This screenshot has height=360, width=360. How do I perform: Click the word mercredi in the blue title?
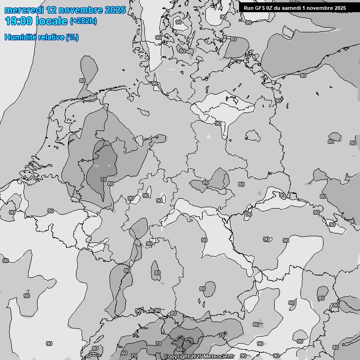pos(24,10)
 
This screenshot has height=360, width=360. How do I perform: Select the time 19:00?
pos(19,21)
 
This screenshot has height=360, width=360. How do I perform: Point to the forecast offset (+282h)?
pos(83,21)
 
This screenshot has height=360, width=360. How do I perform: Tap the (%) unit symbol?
pos(72,37)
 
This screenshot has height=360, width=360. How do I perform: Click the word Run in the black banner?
pos(248,8)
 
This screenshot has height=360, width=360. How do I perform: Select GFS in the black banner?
pos(260,8)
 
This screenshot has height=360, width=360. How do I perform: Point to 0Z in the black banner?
pos(271,8)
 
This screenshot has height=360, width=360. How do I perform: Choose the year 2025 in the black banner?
pos(338,8)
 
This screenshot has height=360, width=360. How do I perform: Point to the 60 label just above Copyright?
pos(180,349)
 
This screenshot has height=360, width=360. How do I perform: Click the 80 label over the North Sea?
pos(82,81)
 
